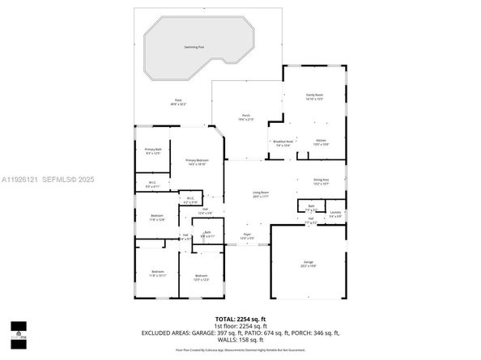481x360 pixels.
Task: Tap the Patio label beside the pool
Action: click(178, 102)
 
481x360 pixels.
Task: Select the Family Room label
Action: click(313, 96)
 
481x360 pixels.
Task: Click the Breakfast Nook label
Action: click(283, 143)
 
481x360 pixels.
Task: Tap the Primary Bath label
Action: click(153, 150)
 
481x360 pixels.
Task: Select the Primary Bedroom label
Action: click(197, 162)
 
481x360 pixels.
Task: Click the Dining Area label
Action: click(321, 180)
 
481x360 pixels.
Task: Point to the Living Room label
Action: click(261, 194)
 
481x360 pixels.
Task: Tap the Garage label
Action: click(308, 263)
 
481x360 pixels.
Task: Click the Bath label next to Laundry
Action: click(311, 207)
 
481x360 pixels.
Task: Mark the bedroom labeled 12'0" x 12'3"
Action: click(202, 277)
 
